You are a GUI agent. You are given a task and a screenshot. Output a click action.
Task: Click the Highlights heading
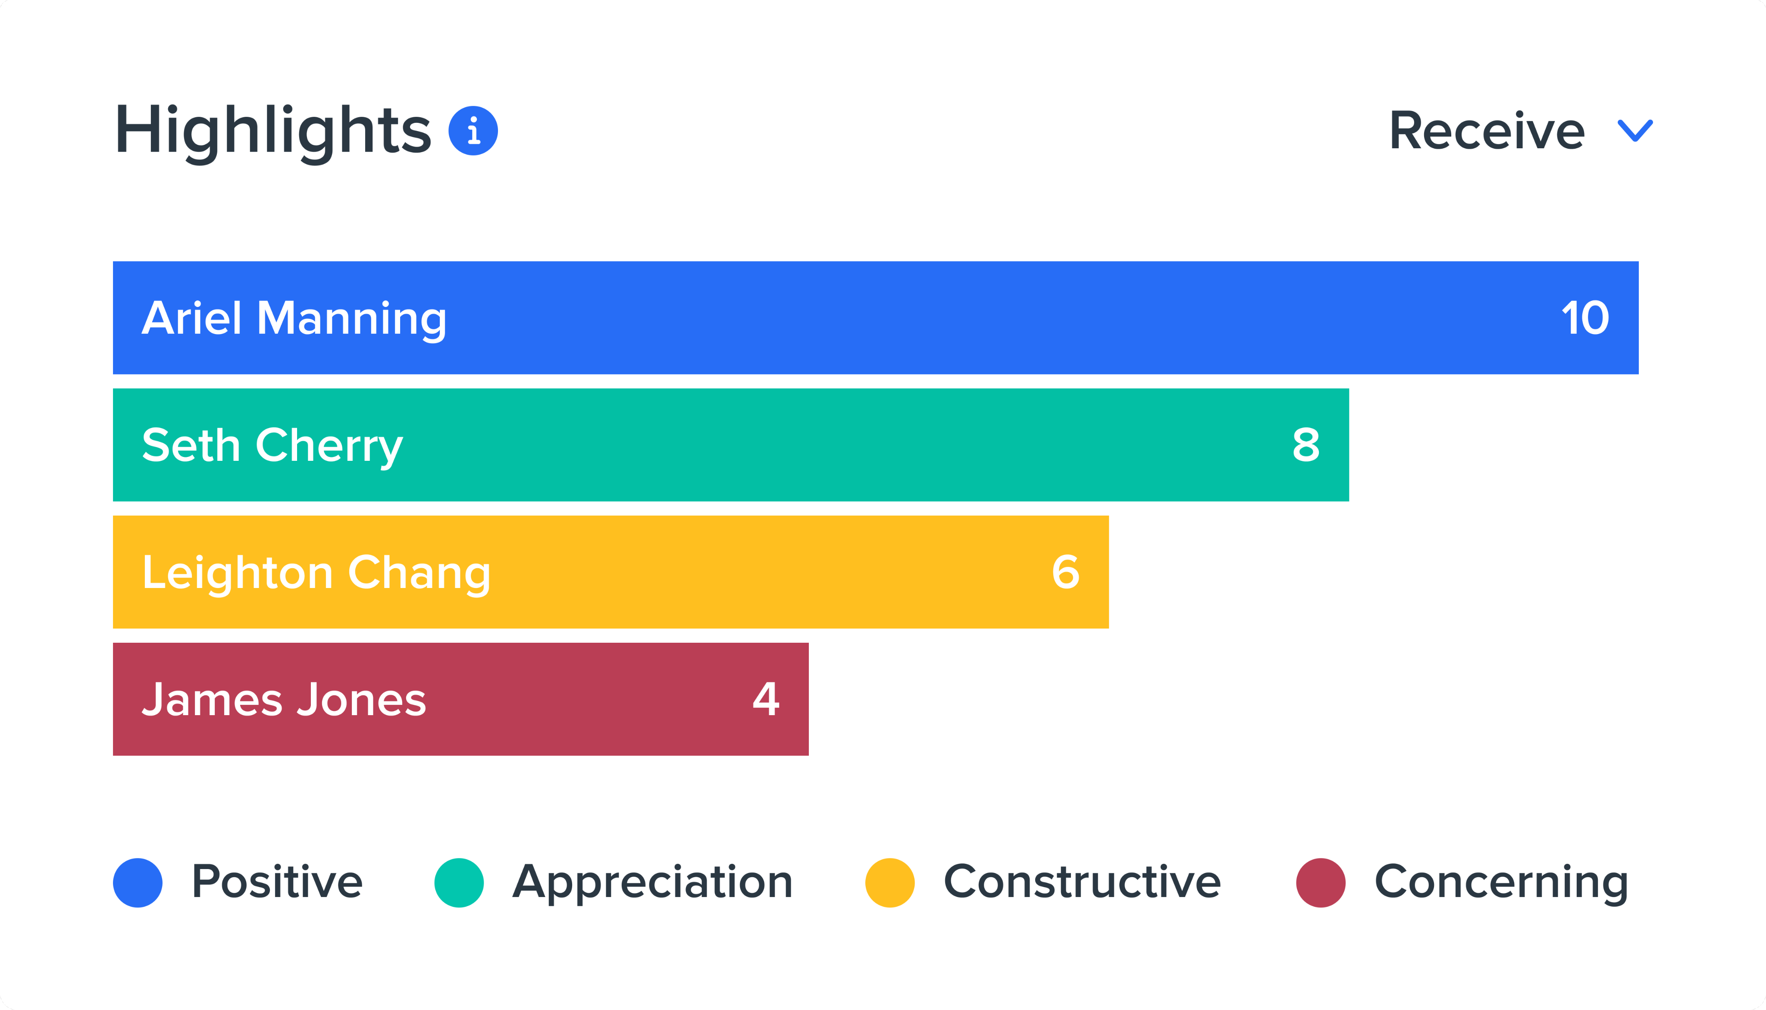pos(272,131)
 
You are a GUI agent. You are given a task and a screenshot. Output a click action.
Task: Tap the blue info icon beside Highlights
pos(473,131)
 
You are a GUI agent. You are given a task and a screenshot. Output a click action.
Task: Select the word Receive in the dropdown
pos(1487,131)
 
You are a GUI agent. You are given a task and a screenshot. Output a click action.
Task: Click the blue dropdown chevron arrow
pos(1635,131)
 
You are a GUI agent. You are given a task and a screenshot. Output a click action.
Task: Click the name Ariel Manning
pos(294,319)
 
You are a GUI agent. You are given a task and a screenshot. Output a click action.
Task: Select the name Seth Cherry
pos(272,445)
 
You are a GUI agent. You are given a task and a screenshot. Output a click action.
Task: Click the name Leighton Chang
pos(316,573)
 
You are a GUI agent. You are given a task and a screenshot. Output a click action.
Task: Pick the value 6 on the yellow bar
pos(1065,572)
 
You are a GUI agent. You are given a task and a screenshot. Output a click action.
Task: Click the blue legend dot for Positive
pos(138,882)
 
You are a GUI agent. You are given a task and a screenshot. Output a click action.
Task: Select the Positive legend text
pos(277,882)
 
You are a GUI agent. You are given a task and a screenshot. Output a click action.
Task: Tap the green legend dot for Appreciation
pos(458,882)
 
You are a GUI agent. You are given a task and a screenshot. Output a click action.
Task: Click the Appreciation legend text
pos(652,882)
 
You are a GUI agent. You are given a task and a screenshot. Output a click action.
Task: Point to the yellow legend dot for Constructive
pos(890,882)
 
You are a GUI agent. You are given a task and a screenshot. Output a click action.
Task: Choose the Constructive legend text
pos(1082,882)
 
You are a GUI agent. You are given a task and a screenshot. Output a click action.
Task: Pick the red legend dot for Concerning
pos(1321,882)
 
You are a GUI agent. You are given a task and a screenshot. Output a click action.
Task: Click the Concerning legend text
pos(1501,882)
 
